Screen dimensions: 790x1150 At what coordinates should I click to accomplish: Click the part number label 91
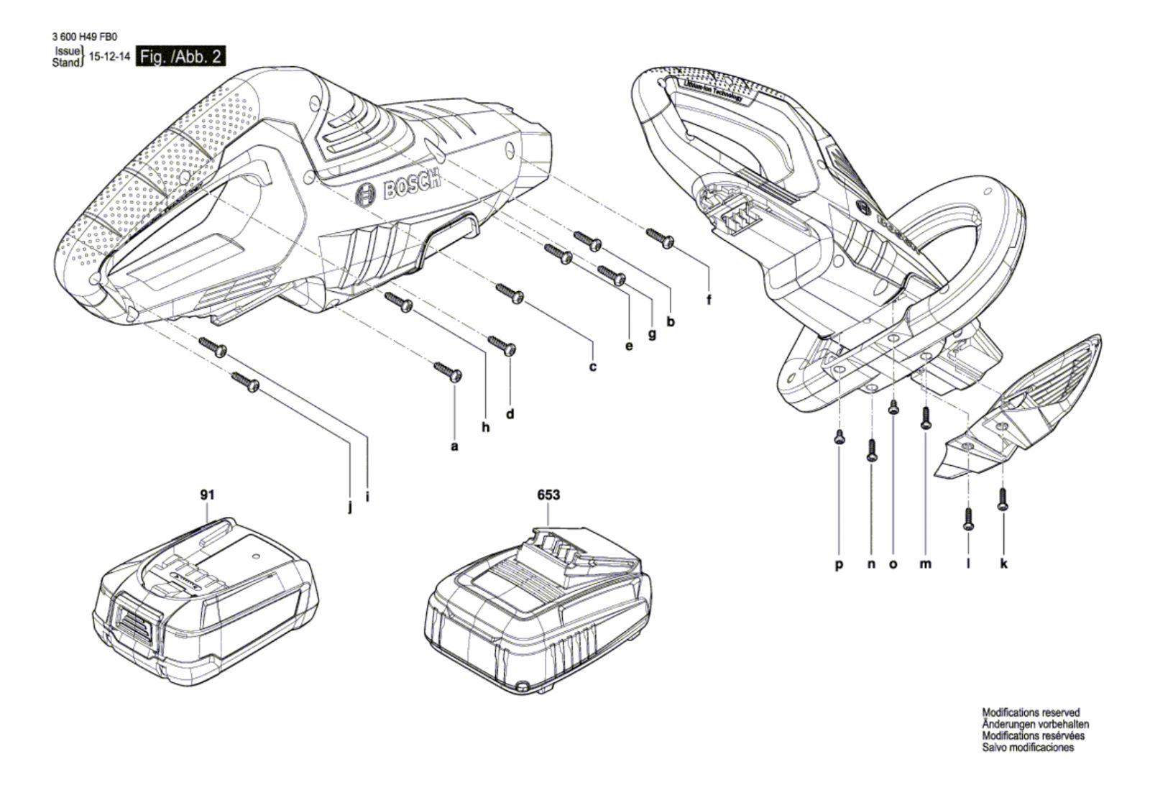(208, 495)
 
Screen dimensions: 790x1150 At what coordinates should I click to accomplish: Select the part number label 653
(548, 495)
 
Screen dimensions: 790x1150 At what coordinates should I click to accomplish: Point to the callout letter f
(709, 300)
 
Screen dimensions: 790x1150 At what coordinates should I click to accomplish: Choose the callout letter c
(593, 367)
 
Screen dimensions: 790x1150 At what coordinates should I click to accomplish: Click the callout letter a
(454, 446)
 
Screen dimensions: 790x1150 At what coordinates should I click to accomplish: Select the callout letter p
(839, 564)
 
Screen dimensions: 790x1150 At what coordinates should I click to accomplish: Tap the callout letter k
(1003, 564)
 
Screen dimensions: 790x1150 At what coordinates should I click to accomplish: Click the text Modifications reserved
(1031, 712)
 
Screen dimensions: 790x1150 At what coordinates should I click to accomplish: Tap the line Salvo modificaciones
(1028, 748)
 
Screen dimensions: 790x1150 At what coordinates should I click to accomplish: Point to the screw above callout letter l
(967, 519)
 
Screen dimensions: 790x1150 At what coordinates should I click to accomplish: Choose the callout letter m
(926, 564)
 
